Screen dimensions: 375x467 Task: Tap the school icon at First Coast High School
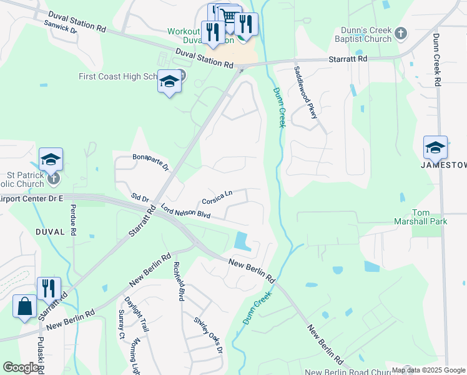click(x=170, y=82)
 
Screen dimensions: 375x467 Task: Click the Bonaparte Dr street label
click(x=150, y=162)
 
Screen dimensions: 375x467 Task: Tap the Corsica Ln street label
click(x=217, y=197)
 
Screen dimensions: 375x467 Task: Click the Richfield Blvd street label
click(x=179, y=282)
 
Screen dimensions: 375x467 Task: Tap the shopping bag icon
click(x=25, y=306)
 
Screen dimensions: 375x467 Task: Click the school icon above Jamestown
click(x=435, y=147)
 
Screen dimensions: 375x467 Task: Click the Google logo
click(x=21, y=367)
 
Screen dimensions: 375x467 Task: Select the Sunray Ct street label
click(x=122, y=324)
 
